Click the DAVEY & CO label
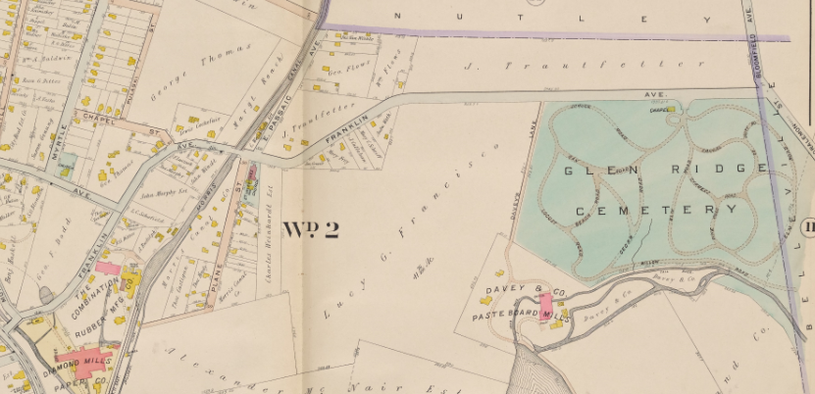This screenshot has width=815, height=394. (x=513, y=291)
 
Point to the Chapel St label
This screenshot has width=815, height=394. (x=133, y=124)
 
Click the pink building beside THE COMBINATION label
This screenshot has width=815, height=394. (x=107, y=268)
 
